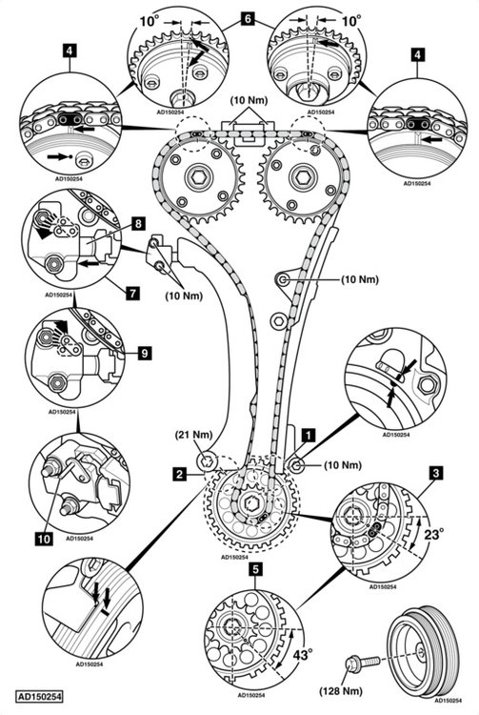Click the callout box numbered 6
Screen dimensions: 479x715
pos(248,19)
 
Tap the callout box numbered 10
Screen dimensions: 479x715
pos(44,539)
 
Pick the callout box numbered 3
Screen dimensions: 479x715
pos(436,473)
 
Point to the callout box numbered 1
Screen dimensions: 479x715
pos(309,435)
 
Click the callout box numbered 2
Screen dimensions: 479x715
pos(179,474)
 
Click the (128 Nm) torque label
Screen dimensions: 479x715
pos(341,691)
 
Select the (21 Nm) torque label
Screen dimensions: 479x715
pos(194,435)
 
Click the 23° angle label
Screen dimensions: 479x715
pos(433,534)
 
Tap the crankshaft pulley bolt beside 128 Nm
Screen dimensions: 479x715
pos(363,662)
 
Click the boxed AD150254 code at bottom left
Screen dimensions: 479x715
pos(39,697)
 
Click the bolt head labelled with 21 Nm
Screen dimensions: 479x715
pos(208,461)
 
